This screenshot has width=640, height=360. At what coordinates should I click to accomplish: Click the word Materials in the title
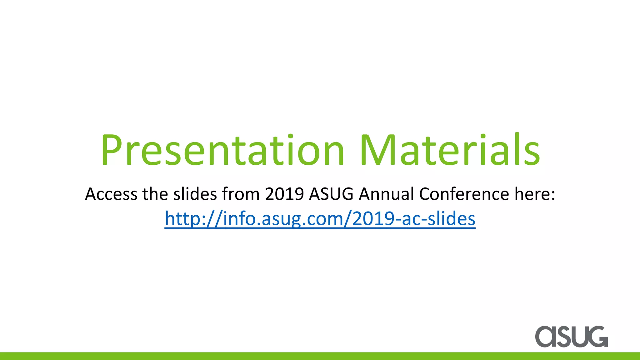tap(450, 150)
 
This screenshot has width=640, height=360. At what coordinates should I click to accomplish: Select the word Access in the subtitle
tap(111, 194)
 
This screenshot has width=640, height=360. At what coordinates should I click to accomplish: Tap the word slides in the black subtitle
tap(195, 194)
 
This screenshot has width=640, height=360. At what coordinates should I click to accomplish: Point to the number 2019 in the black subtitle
tap(284, 194)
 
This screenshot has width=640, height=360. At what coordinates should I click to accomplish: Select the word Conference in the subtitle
tap(464, 194)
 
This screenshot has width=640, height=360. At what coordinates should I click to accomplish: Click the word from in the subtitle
tap(241, 194)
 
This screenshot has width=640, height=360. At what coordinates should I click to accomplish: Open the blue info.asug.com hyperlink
tap(320, 219)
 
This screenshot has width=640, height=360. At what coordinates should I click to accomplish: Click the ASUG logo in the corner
tap(572, 337)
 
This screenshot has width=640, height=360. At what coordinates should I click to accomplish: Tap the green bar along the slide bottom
tap(320, 356)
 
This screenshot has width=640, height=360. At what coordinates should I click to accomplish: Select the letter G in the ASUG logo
tap(597, 337)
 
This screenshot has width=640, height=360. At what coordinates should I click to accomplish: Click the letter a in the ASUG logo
tap(545, 337)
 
